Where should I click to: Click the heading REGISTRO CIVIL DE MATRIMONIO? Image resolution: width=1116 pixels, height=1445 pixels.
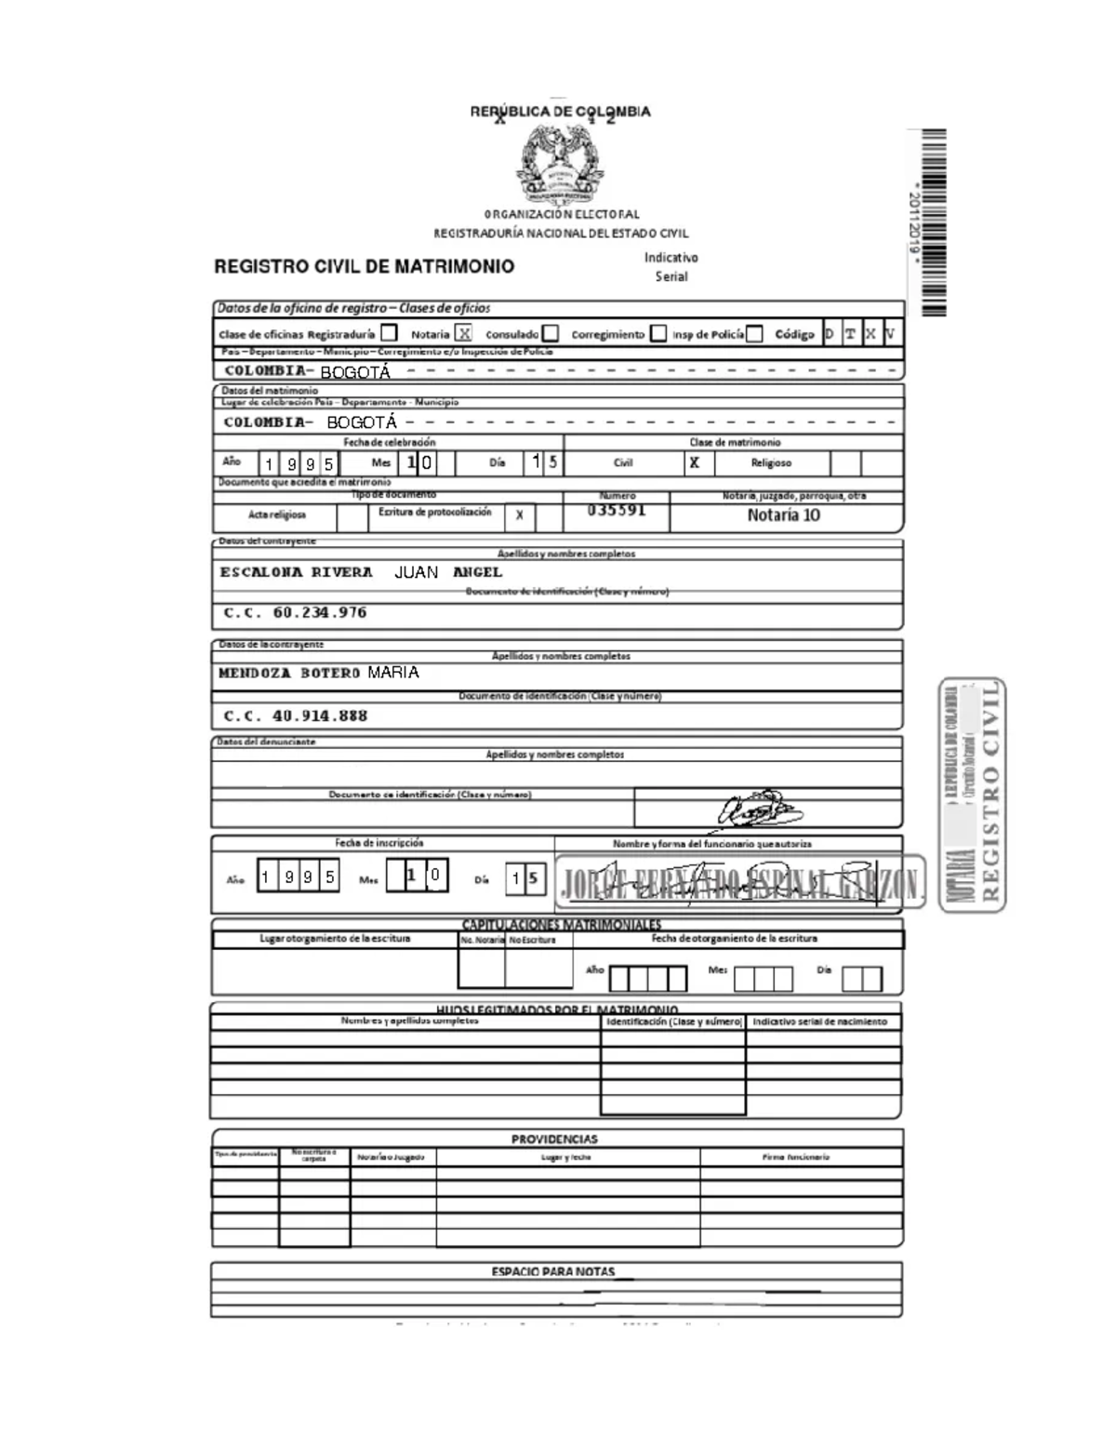pos(364,267)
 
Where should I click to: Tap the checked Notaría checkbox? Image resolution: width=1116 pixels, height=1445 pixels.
pos(463,333)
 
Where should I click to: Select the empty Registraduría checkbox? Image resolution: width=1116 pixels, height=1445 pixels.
pos(389,333)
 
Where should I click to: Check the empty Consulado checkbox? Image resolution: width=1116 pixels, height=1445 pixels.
pos(551,333)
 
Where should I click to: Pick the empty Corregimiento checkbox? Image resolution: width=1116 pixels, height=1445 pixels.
pos(658,333)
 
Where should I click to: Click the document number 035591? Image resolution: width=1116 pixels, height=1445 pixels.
pos(617,511)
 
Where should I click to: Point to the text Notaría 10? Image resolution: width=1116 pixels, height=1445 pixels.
pos(784,515)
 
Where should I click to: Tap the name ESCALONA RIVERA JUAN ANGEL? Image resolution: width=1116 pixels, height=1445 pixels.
pos(361,572)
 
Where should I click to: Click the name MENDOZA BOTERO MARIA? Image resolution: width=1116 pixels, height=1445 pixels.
pos(318,673)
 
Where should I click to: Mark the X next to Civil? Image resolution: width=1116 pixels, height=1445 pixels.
pos(694,462)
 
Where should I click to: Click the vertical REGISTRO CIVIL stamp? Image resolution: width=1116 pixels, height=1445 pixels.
pos(973,795)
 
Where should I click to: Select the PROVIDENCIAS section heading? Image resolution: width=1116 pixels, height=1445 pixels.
pos(554,1139)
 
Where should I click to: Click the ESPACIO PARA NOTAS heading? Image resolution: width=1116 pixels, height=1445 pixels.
pos(553,1272)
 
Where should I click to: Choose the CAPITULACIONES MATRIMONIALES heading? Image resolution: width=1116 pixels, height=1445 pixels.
pos(562,924)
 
